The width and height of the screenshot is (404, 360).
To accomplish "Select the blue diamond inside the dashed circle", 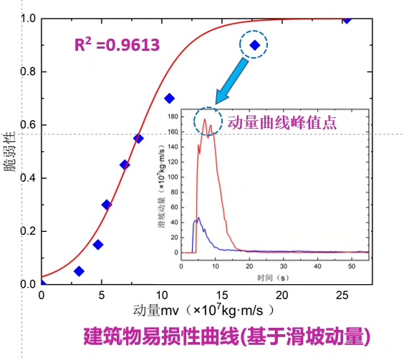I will (x=254, y=45).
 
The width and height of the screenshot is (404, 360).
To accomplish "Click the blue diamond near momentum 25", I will (x=347, y=19).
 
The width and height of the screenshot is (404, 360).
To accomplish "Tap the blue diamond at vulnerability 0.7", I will (x=169, y=98).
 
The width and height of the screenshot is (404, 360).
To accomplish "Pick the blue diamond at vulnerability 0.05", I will (x=79, y=271).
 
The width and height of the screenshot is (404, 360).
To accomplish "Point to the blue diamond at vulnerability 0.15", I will (x=97, y=245).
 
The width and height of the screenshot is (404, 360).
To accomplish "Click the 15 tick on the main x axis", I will (x=223, y=295).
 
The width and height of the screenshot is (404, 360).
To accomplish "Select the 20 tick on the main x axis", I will (x=283, y=295).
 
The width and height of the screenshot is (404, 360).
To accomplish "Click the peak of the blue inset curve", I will (x=198, y=218).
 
